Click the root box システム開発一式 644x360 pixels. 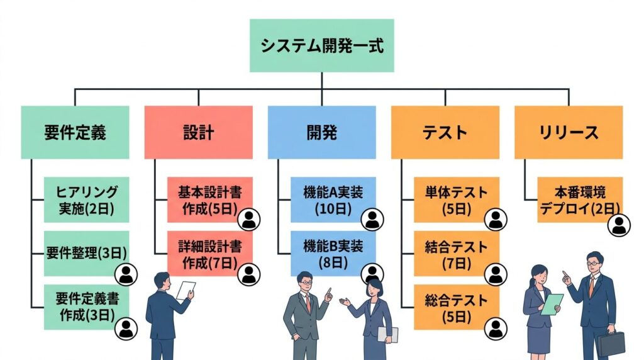click(321, 46)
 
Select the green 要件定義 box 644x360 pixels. click(75, 132)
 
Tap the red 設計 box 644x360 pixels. click(198, 132)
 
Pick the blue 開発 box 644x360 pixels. click(321, 132)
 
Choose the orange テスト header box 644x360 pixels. click(445, 132)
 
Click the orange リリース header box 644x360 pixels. click(568, 132)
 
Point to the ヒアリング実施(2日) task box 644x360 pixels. click(86, 200)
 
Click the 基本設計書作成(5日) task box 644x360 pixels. click(208, 200)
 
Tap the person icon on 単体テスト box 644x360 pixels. click(496, 220)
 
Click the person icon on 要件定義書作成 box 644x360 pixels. click(127, 327)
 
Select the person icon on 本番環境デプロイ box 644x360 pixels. click(619, 225)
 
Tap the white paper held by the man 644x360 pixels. click(186, 290)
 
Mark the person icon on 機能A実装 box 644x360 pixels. click(373, 220)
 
